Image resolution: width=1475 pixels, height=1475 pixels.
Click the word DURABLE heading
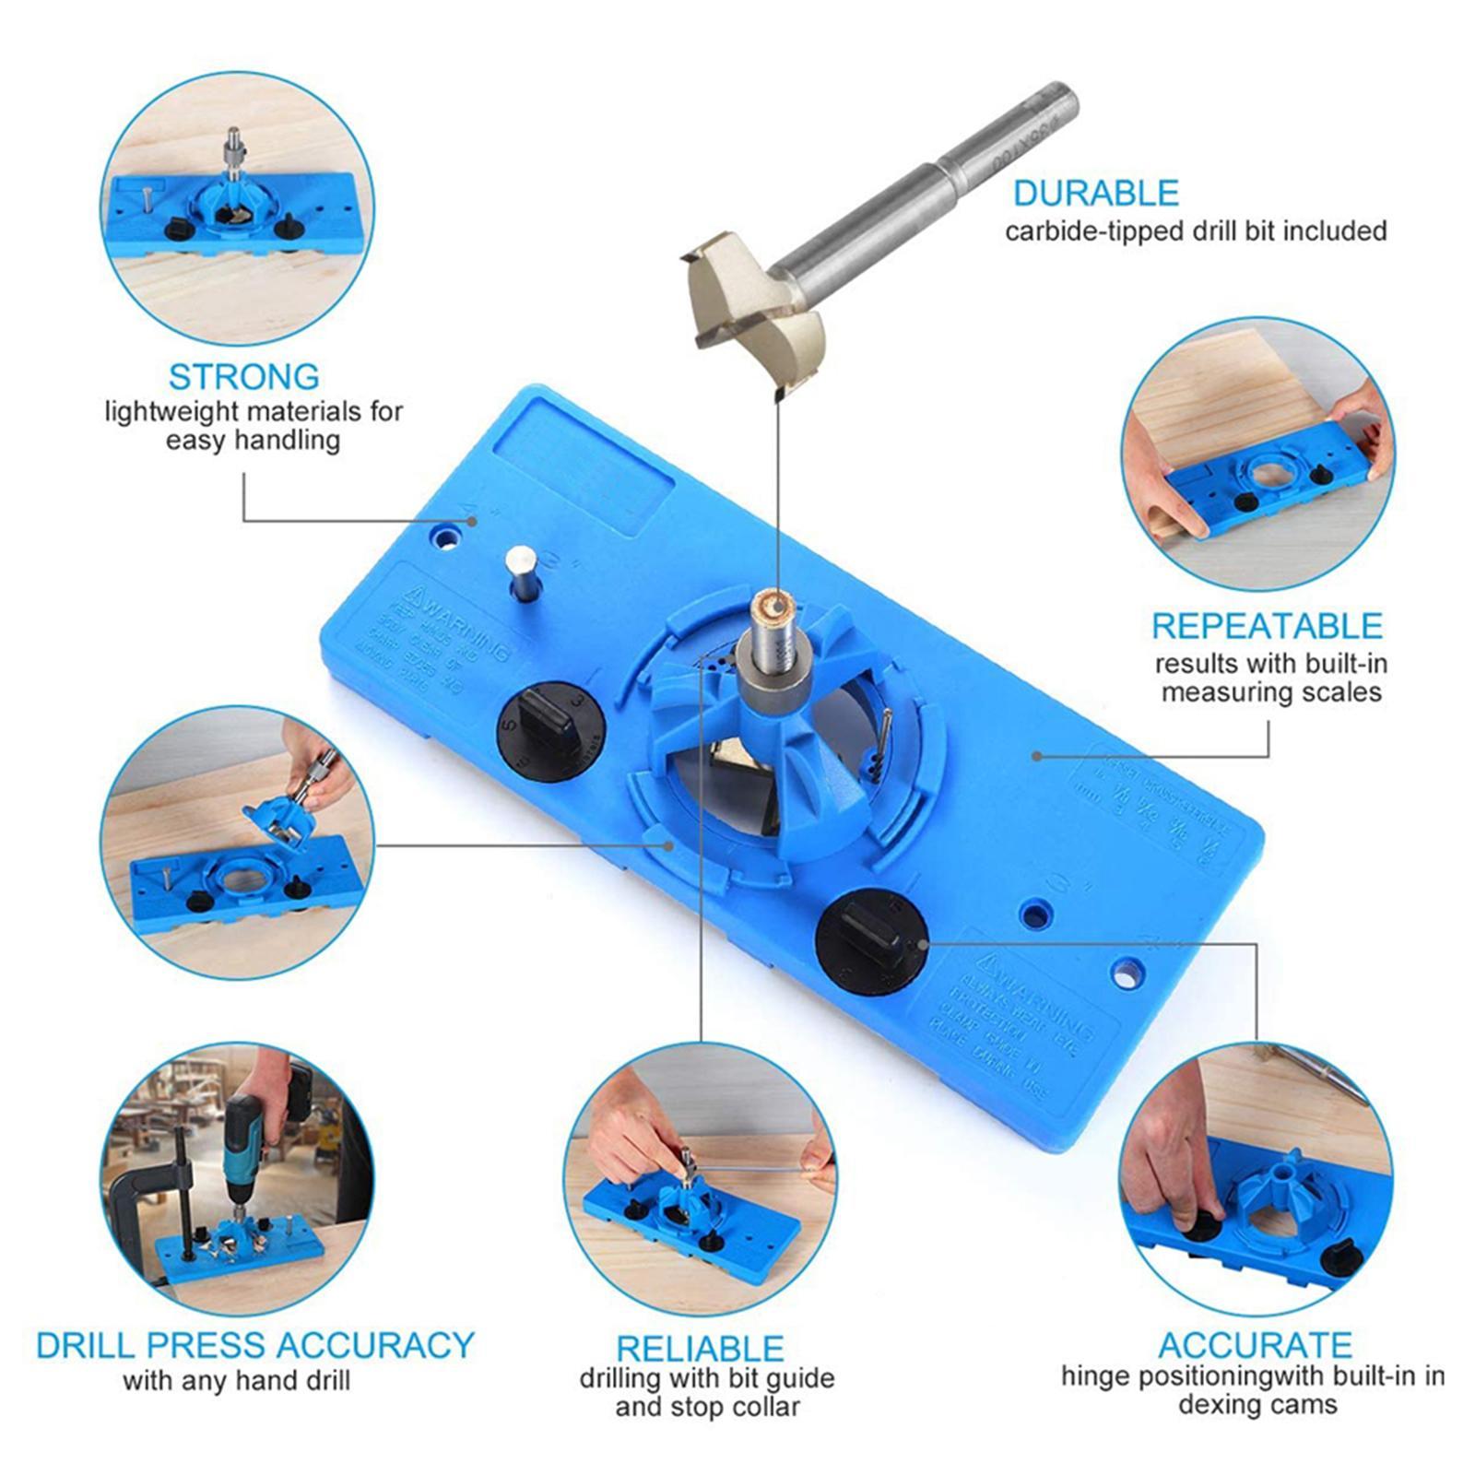1095,193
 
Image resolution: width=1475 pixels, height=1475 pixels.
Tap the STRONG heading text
244,376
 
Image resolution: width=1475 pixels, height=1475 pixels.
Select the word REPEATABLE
1267,626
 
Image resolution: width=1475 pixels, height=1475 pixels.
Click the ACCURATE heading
1255,1345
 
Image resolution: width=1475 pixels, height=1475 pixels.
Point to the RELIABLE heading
700,1349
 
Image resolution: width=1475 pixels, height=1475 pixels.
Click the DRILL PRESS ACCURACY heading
254,1345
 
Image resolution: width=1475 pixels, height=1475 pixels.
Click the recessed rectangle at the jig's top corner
581,466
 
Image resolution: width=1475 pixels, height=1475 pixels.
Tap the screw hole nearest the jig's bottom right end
1126,970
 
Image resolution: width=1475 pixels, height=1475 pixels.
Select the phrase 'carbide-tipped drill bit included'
1196,230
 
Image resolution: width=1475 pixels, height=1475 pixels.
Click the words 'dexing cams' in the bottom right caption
1257,1405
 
